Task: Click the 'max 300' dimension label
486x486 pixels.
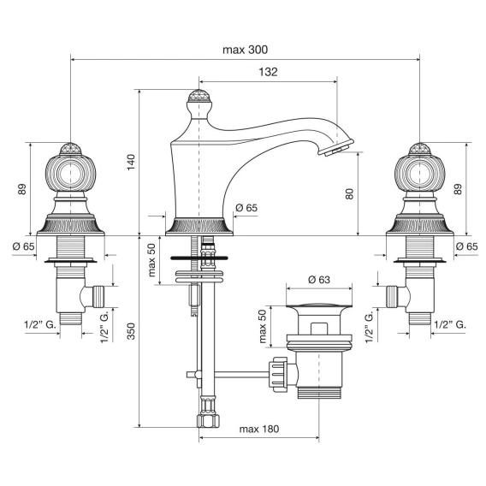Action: pyautogui.click(x=246, y=50)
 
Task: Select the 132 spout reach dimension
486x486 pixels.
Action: pyautogui.click(x=268, y=72)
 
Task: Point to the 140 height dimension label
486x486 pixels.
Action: pyautogui.click(x=132, y=162)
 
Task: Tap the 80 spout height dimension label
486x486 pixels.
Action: pyautogui.click(x=349, y=193)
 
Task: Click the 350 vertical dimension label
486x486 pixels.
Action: pyautogui.click(x=132, y=331)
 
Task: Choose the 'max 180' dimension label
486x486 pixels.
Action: pyautogui.click(x=259, y=429)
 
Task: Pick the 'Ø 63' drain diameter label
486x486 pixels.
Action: pyautogui.click(x=319, y=280)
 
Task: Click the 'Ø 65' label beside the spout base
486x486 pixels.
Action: pyautogui.click(x=246, y=208)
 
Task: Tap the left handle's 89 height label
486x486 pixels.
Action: pyautogui.click(x=22, y=189)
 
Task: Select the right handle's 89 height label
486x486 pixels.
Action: pyautogui.click(x=458, y=189)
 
